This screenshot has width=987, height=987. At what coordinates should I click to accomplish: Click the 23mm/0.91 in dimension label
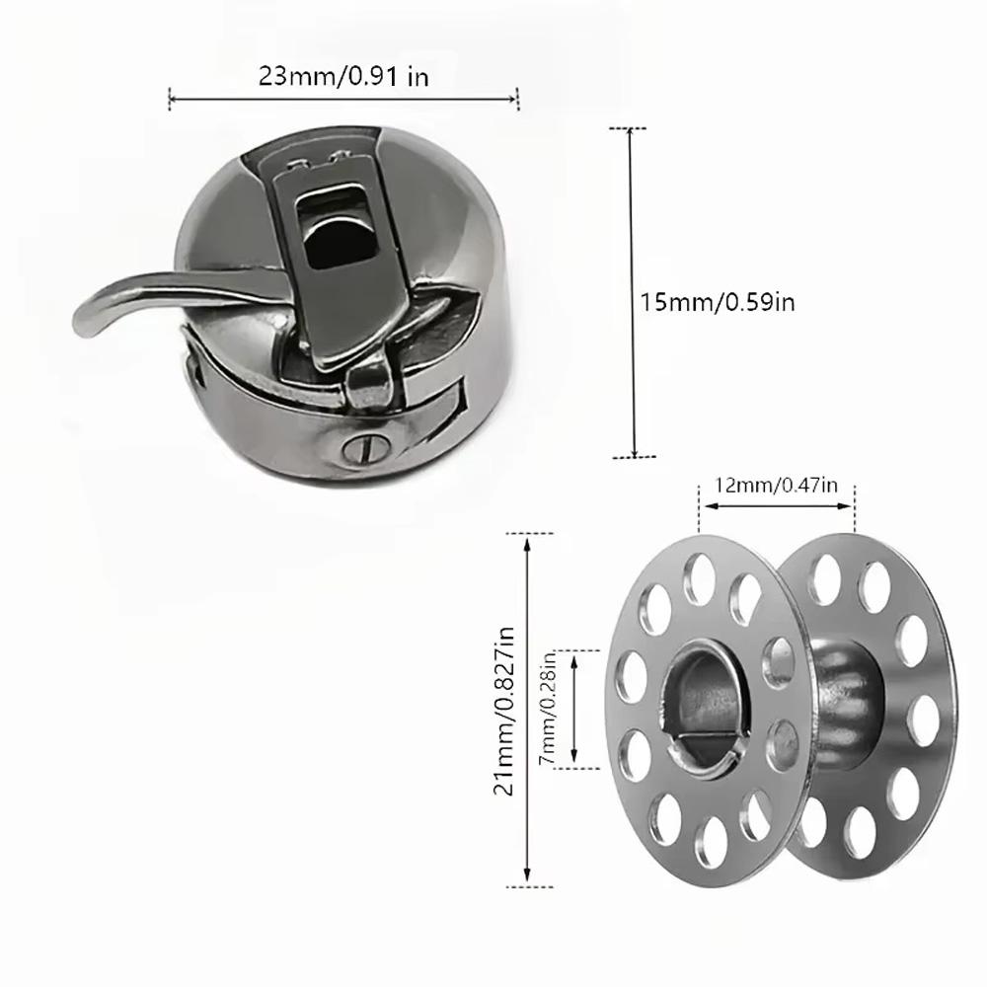click(343, 77)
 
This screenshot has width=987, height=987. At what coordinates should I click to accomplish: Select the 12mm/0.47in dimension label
click(777, 486)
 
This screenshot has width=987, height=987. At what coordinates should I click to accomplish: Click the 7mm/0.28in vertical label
click(549, 708)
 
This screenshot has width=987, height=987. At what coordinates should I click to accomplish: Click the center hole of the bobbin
click(702, 707)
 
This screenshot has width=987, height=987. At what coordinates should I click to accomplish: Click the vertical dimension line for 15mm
click(633, 292)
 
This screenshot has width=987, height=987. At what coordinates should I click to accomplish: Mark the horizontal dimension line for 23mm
click(343, 97)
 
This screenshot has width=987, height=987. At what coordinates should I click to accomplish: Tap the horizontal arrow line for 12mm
click(777, 507)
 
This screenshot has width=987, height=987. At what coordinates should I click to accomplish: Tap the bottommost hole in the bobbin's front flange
click(707, 839)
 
